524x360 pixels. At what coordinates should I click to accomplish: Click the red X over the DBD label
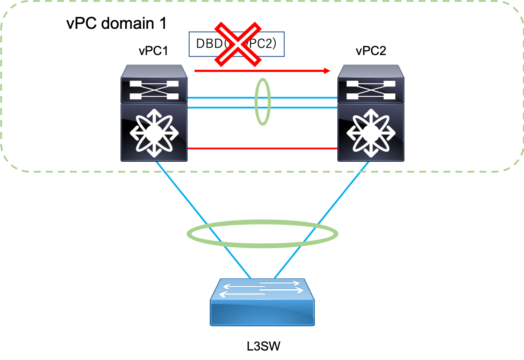pos(238,45)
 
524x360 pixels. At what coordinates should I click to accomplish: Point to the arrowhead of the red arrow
pos(328,71)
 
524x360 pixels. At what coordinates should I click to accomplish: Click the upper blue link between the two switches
pos(224,98)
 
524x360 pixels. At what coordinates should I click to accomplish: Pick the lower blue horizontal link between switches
pos(224,108)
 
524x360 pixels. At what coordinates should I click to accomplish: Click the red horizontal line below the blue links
pos(262,149)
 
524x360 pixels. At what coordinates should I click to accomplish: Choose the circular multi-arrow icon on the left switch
pos(154,134)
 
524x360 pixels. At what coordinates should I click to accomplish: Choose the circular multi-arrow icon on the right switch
pos(371,134)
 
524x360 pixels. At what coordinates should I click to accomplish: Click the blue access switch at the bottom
pos(262,303)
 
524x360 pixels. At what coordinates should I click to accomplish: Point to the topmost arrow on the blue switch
pos(279,283)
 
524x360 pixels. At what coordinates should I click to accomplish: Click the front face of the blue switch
pos(262,313)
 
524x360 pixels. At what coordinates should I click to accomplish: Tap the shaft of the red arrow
pos(258,71)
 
